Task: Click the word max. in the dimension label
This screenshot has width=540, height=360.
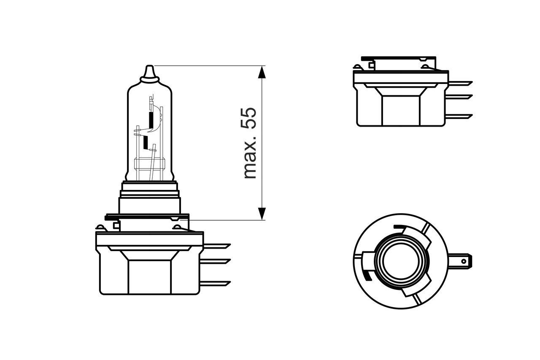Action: pos(250,157)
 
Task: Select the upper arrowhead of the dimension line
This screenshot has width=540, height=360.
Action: pos(262,72)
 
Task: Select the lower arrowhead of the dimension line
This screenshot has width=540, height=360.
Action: pos(262,214)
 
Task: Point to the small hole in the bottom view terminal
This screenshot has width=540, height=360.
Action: pos(464,261)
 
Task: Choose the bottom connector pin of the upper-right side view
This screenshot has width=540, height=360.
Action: pos(460,115)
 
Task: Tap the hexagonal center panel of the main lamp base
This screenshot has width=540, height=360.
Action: pos(150,276)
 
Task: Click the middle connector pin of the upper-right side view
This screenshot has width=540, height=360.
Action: pos(460,97)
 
